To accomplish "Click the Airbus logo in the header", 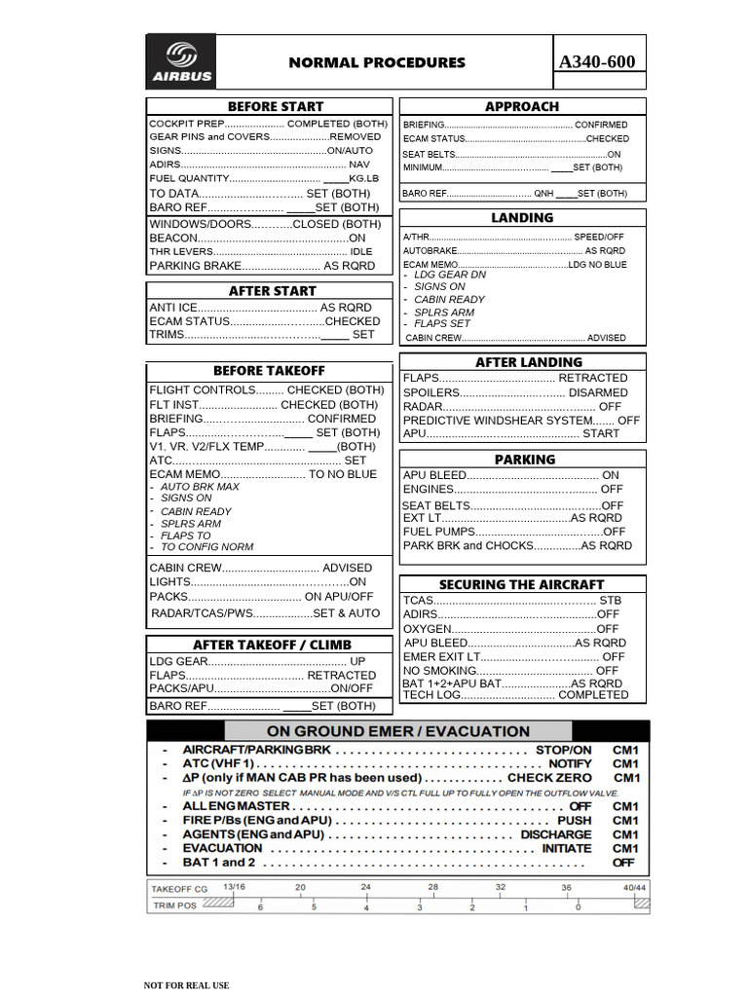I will point(181,62).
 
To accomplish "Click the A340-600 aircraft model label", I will point(597,62).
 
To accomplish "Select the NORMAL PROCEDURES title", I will point(377,62).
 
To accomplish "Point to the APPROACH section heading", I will point(522,106).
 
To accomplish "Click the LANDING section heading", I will point(522,217).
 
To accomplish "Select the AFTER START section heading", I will point(272,290).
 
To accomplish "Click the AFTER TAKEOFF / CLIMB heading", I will point(272,645).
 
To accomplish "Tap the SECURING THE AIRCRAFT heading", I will point(521,584).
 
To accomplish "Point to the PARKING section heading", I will point(524,459).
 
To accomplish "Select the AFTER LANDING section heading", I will point(528,361).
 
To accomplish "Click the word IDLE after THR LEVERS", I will point(361,251).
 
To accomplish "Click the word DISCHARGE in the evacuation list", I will point(555,834).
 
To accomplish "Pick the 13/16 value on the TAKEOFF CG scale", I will point(234,887).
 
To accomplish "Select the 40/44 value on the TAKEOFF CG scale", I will point(635,887).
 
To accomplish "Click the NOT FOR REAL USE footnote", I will point(187,985).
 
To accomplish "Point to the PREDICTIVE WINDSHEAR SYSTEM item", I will point(498,421).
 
